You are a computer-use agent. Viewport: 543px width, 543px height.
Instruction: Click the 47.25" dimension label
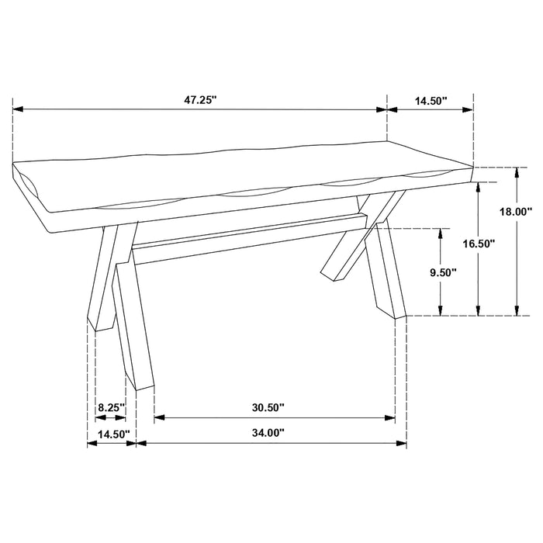[x=200, y=99]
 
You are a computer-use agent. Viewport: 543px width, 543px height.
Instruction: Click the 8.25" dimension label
[x=110, y=407]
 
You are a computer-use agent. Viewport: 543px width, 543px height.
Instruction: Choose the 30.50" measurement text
[x=268, y=407]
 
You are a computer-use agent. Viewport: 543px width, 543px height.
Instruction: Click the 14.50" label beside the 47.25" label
[x=431, y=99]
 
